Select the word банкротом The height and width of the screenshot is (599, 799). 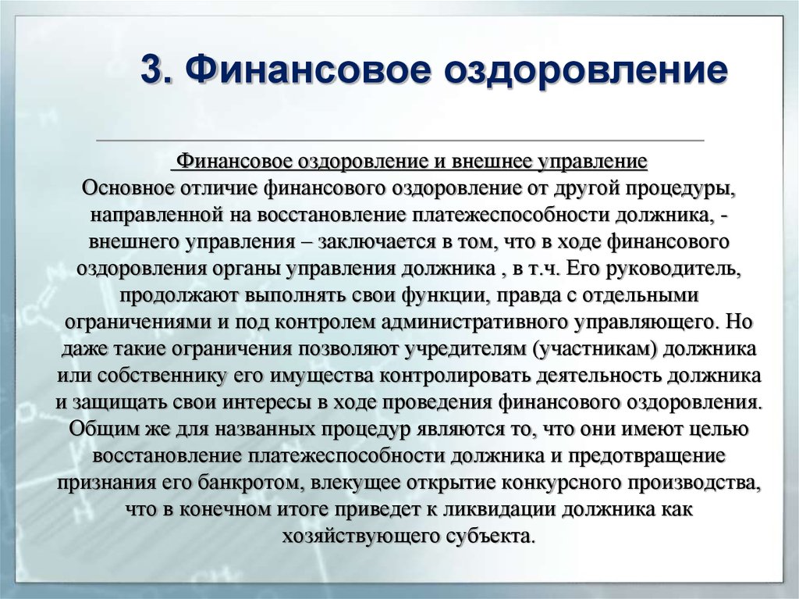tap(252, 483)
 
